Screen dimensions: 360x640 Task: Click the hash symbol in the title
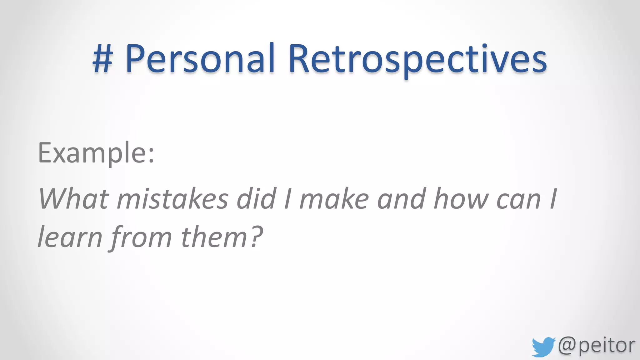point(102,59)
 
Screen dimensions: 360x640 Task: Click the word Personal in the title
point(200,59)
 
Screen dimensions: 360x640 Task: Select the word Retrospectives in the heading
point(417,59)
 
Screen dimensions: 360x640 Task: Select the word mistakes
point(172,199)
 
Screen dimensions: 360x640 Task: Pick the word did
point(256,199)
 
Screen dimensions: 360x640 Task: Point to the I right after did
point(287,199)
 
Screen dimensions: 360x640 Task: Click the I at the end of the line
point(553,199)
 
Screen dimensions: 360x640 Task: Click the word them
point(214,237)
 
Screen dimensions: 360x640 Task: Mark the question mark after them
point(256,237)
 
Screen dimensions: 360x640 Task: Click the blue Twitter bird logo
point(543,347)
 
